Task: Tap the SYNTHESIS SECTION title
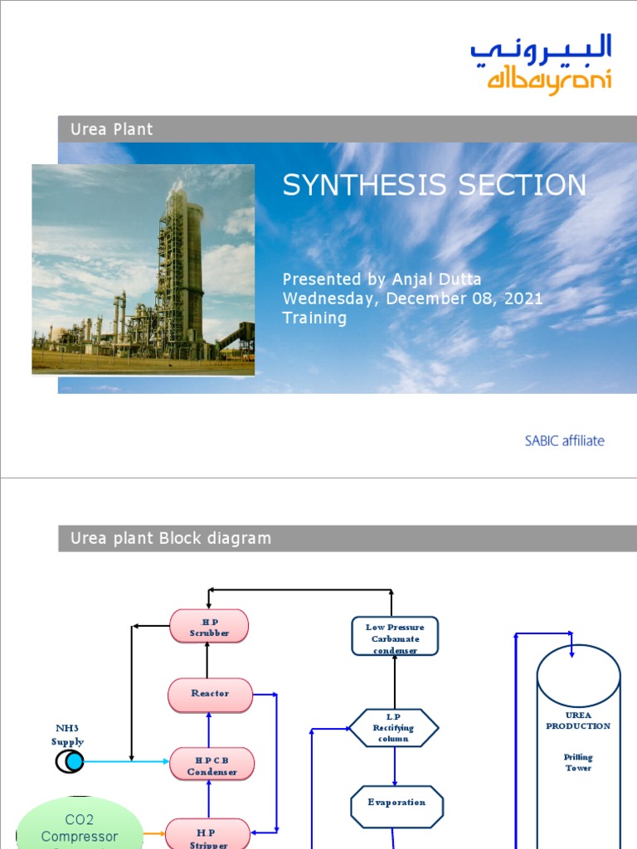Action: pyautogui.click(x=434, y=185)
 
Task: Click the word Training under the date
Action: pyautogui.click(x=314, y=318)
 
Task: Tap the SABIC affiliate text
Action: pyautogui.click(x=564, y=440)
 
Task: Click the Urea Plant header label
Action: pyautogui.click(x=112, y=129)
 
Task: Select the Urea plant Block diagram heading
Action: pyautogui.click(x=171, y=538)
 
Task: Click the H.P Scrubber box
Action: pyautogui.click(x=209, y=627)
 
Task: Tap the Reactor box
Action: pyautogui.click(x=210, y=694)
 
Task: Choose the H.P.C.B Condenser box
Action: pyautogui.click(x=212, y=765)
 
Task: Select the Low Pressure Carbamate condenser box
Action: pyautogui.click(x=395, y=638)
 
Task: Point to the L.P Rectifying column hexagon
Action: pyautogui.click(x=394, y=728)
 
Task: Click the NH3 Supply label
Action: pyautogui.click(x=67, y=735)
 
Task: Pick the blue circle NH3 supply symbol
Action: pyautogui.click(x=73, y=761)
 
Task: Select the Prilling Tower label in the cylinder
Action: pyautogui.click(x=578, y=762)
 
